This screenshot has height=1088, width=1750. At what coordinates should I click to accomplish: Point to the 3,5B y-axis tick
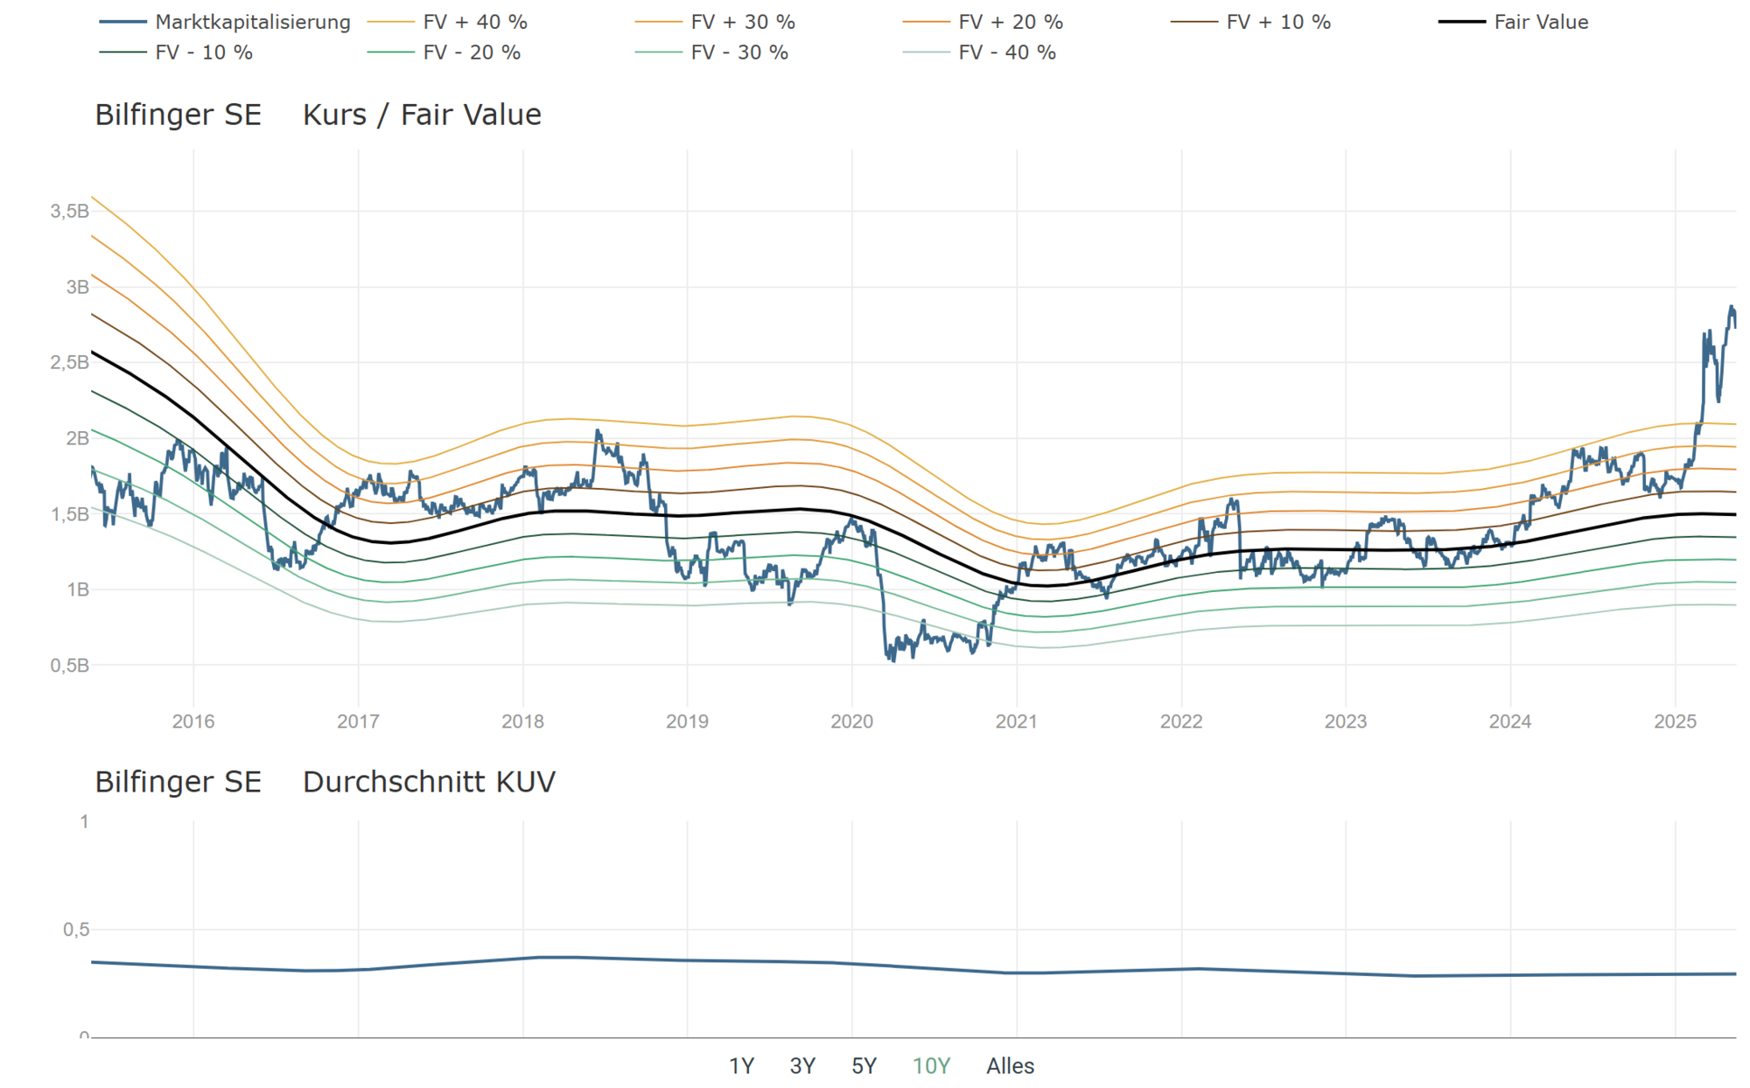pyautogui.click(x=69, y=211)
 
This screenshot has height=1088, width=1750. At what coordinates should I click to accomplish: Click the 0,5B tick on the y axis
pyautogui.click(x=69, y=666)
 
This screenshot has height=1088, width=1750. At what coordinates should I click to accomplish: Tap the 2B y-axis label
pyautogui.click(x=77, y=438)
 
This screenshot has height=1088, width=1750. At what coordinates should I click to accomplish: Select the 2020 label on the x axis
pyautogui.click(x=851, y=722)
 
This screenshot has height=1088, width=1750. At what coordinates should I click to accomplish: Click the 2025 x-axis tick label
pyautogui.click(x=1675, y=722)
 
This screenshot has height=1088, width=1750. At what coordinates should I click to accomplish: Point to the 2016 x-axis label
pyautogui.click(x=193, y=722)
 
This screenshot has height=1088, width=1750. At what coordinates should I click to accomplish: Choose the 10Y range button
pyautogui.click(x=931, y=1066)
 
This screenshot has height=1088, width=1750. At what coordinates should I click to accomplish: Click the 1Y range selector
pyautogui.click(x=741, y=1066)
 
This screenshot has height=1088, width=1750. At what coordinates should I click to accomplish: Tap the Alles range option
pyautogui.click(x=1010, y=1066)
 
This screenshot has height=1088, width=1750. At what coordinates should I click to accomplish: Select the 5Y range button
pyautogui.click(x=864, y=1066)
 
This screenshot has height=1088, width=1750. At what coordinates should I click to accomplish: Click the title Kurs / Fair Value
pyautogui.click(x=422, y=115)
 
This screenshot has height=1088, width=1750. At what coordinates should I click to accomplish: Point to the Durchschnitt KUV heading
pyautogui.click(x=429, y=782)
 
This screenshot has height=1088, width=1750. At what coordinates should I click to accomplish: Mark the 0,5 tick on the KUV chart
pyautogui.click(x=76, y=930)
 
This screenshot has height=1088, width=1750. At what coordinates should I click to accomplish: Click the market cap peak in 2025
pyautogui.click(x=1731, y=307)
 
